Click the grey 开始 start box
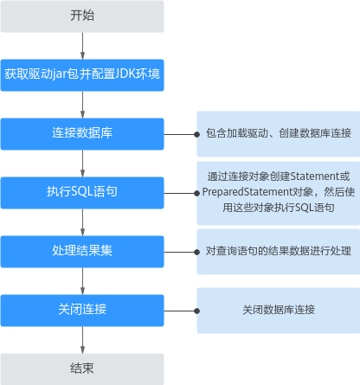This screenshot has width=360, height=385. tap(82, 16)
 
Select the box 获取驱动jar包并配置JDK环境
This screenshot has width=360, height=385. tap(82, 75)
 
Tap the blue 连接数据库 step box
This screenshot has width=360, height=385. tap(82, 134)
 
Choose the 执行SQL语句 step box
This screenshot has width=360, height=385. tap(82, 193)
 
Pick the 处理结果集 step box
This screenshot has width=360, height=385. tap(82, 252)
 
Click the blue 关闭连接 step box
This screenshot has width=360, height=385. tap(82, 311)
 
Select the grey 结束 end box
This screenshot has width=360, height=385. tap(82, 369)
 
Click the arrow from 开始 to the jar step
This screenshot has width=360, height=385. tap(82, 46)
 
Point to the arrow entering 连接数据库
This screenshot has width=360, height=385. tap(82, 105)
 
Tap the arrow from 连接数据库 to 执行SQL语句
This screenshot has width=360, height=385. tap(82, 164)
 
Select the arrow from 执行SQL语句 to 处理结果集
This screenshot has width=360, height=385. tap(82, 222)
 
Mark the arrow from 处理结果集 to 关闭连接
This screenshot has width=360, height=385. tap(82, 281)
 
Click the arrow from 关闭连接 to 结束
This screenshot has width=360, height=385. tap(82, 340)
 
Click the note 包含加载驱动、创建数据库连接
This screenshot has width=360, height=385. tap(279, 133)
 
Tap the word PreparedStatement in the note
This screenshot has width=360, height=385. tap(247, 192)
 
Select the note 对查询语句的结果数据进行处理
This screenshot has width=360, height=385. tap(279, 251)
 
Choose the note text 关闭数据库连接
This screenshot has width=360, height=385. tap(279, 310)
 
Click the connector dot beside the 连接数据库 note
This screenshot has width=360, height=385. tap(197, 134)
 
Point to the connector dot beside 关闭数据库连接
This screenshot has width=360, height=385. tap(197, 311)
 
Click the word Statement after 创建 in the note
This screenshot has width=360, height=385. tap(315, 176)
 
